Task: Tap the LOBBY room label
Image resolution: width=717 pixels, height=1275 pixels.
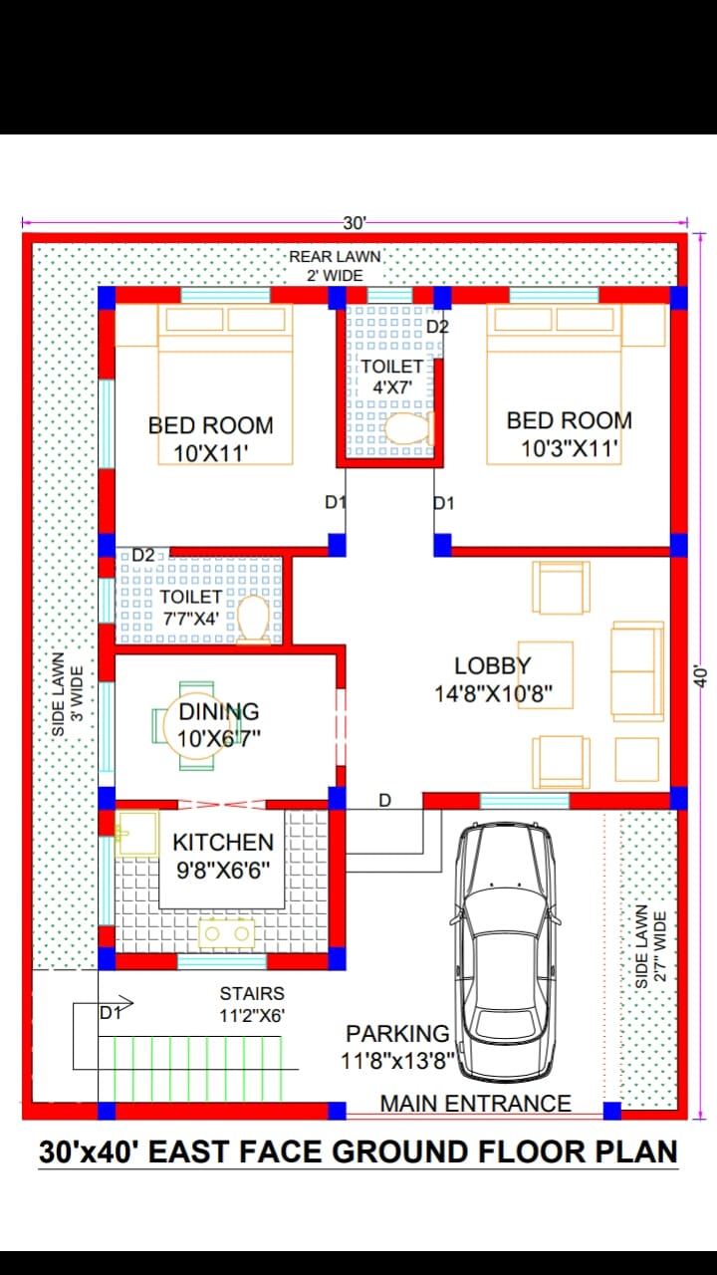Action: coord(493,665)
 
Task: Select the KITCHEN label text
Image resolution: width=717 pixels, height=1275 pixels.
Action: coord(223,842)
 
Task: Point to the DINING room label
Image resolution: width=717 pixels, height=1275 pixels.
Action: coord(219,711)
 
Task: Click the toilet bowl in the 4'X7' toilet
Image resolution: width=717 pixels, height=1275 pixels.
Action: coord(408,428)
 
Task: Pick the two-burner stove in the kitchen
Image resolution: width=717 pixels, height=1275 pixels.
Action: coord(227,933)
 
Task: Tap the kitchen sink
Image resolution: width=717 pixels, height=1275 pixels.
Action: coord(136,834)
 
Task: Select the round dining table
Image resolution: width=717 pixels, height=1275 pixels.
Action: coord(190,725)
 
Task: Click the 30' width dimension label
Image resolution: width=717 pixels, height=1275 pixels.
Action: coord(355,223)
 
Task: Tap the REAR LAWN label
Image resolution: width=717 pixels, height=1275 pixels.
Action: coord(336,257)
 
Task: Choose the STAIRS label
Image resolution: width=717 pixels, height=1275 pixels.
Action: coord(252,993)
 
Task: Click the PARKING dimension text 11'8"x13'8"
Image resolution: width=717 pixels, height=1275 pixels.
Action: coord(397,1061)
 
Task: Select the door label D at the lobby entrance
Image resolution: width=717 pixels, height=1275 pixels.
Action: coord(385,800)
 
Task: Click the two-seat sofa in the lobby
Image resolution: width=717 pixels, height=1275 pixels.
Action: coord(637,671)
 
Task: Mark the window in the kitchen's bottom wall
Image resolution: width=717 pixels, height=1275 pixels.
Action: coord(222,962)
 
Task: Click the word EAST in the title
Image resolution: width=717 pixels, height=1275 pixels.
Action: coord(189,1152)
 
